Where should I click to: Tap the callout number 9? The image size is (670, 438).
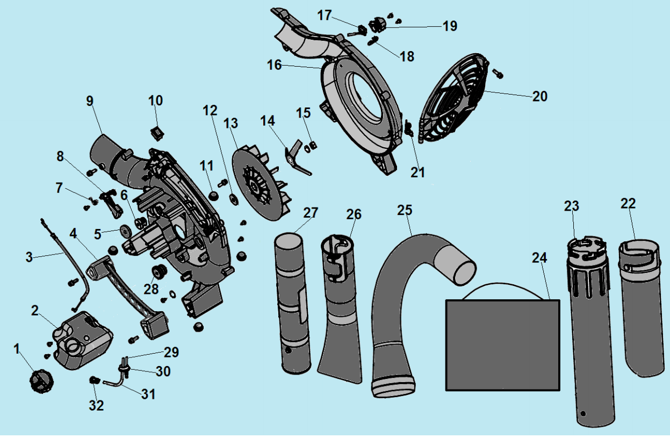click(90, 101)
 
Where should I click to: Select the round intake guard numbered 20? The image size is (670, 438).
click(457, 103)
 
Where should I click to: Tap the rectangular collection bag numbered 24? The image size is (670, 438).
click(502, 344)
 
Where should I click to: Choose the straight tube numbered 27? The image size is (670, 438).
click(293, 301)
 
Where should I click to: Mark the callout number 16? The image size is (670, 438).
click(275, 65)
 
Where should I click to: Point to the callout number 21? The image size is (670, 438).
click(418, 173)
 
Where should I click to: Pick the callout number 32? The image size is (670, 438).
click(96, 406)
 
